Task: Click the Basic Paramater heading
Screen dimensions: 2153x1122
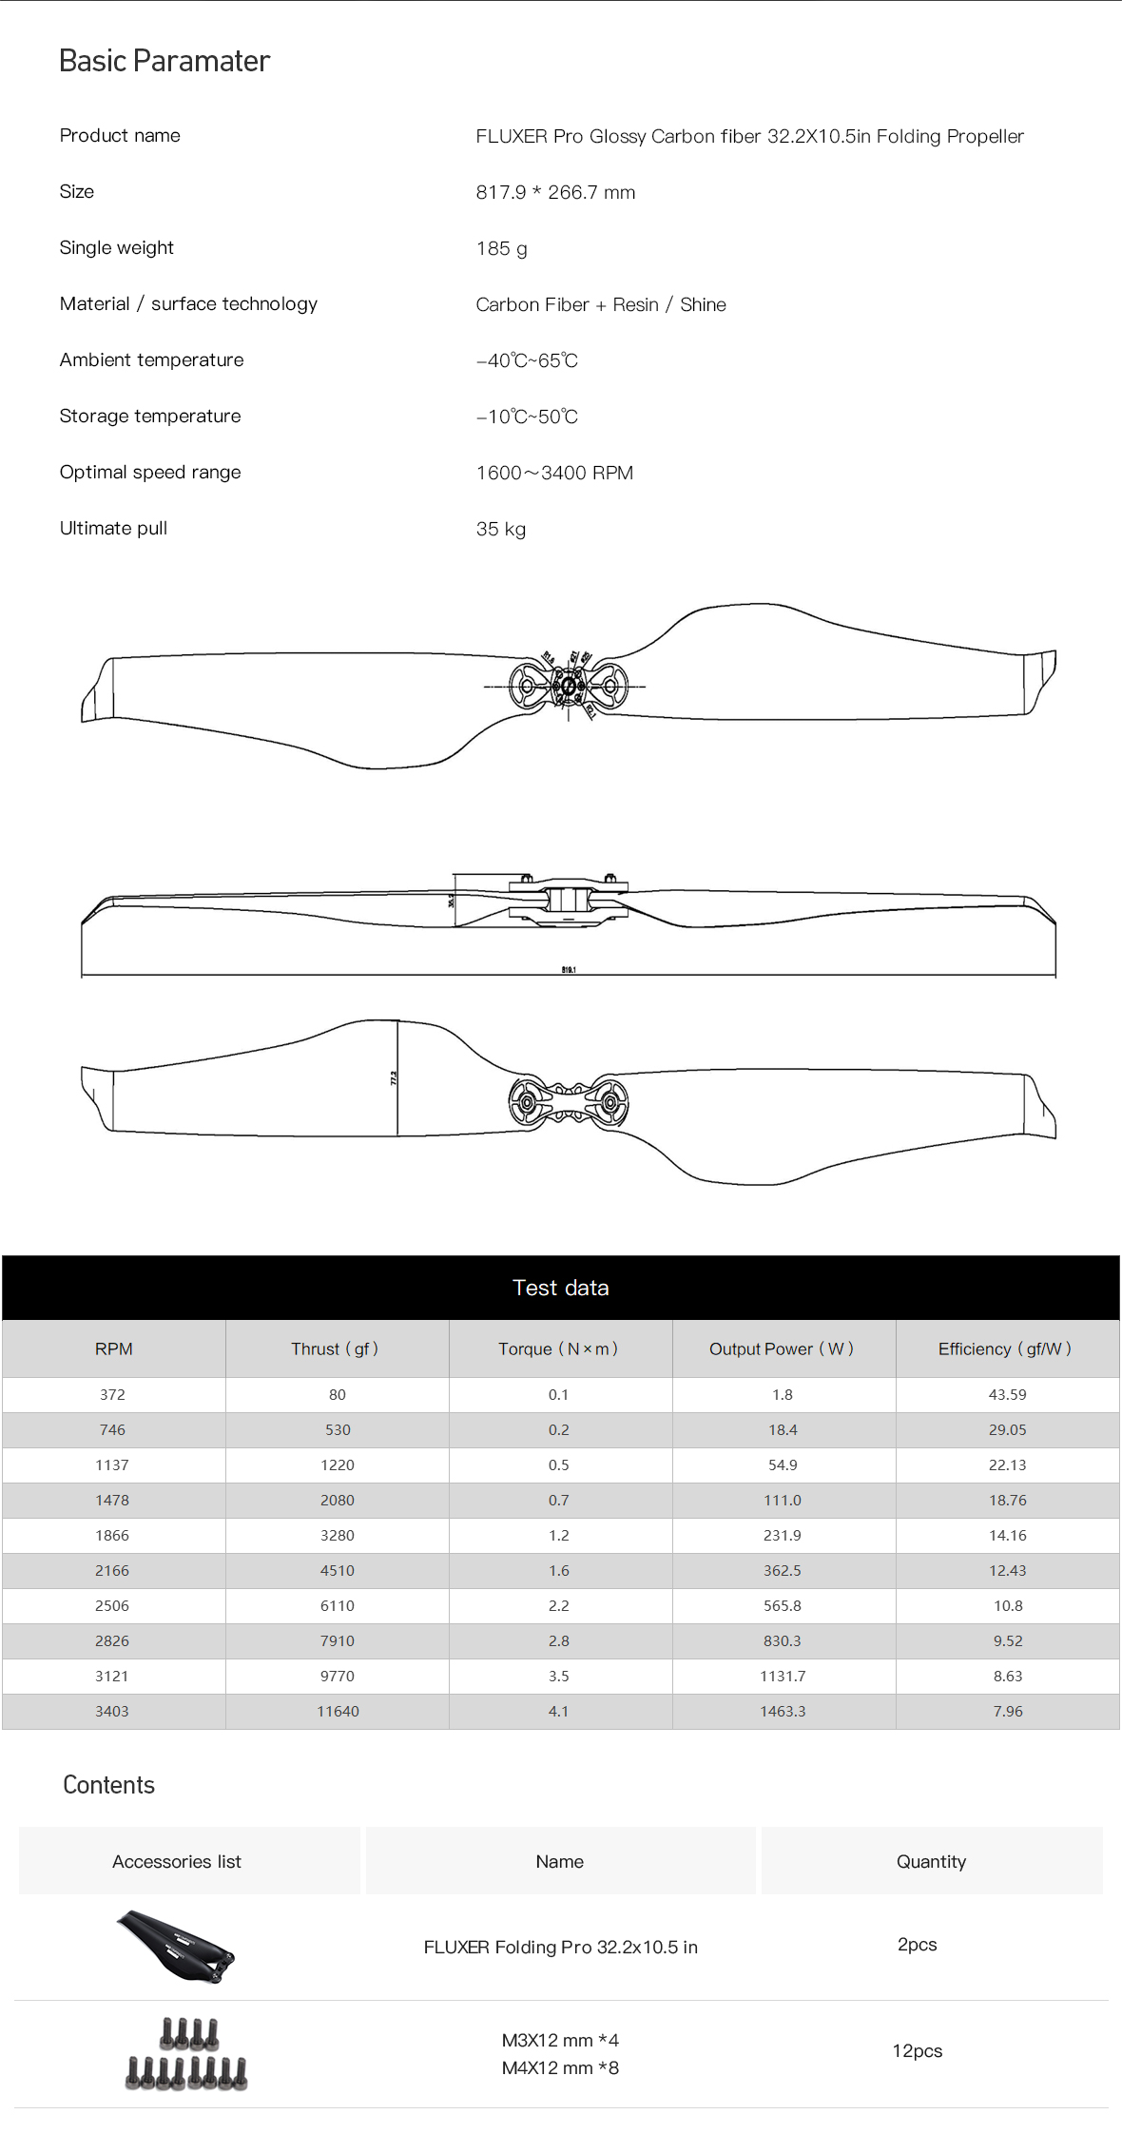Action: [164, 61]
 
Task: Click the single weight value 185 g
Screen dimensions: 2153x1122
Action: [502, 248]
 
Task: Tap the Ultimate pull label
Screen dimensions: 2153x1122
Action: [113, 529]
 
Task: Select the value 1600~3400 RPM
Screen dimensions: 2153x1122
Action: [554, 473]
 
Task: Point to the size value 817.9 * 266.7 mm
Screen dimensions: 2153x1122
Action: [555, 192]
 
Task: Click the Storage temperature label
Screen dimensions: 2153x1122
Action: [150, 417]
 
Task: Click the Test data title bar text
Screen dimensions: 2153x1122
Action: [560, 1288]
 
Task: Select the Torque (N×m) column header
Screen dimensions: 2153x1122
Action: [558, 1348]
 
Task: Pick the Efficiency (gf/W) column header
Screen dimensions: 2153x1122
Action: [1005, 1348]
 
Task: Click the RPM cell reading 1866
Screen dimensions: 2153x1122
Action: [112, 1535]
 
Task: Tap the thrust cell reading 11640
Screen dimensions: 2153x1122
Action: [338, 1711]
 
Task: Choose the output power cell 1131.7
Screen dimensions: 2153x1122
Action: [783, 1676]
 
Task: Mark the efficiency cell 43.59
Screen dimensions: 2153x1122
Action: [1007, 1394]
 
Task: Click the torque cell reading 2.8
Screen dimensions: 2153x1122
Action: [558, 1640]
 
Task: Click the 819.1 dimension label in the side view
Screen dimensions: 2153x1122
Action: [569, 969]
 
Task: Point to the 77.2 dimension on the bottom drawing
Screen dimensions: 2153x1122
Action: [393, 1077]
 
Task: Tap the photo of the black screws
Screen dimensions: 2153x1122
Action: [187, 2054]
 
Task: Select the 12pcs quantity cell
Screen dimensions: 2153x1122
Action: [917, 2051]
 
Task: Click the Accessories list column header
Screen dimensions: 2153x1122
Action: [177, 1861]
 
